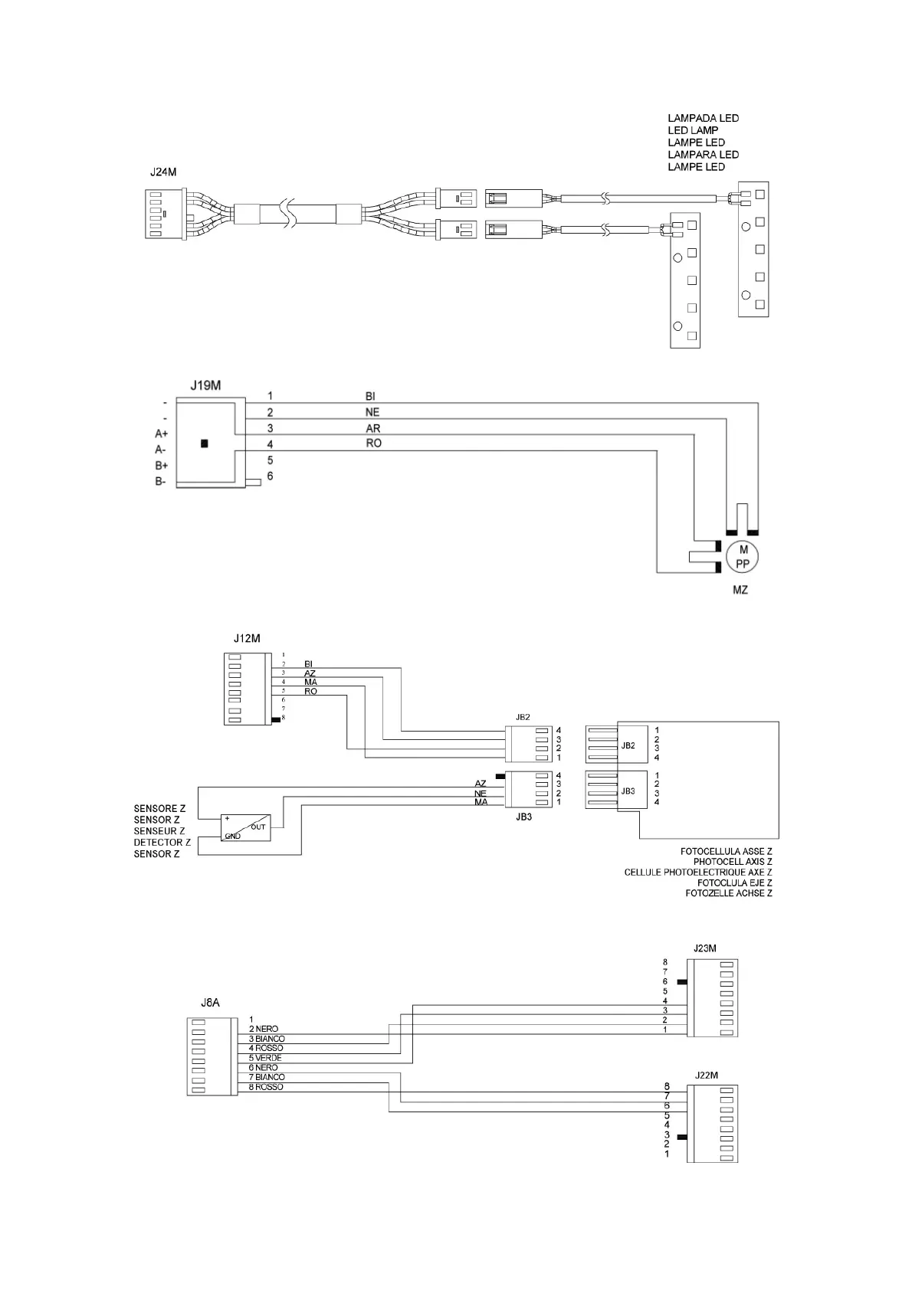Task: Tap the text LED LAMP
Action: (693, 130)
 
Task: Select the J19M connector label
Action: (205, 385)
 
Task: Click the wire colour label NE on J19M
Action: (372, 412)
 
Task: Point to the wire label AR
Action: (373, 428)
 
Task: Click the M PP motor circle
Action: (743, 556)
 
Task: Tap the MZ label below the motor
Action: (740, 590)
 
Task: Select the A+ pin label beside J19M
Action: (161, 434)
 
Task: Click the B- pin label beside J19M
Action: (160, 482)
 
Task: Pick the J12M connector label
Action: (247, 637)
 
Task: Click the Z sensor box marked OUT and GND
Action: (245, 827)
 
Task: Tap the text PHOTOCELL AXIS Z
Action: (732, 862)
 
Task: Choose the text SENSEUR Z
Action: (159, 831)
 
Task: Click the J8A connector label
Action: (210, 1002)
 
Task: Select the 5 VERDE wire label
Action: (265, 1058)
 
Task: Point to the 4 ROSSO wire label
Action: (266, 1048)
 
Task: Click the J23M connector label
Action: (704, 948)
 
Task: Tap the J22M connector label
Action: (705, 1075)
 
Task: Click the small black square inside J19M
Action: (204, 443)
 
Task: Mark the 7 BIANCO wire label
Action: (267, 1077)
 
